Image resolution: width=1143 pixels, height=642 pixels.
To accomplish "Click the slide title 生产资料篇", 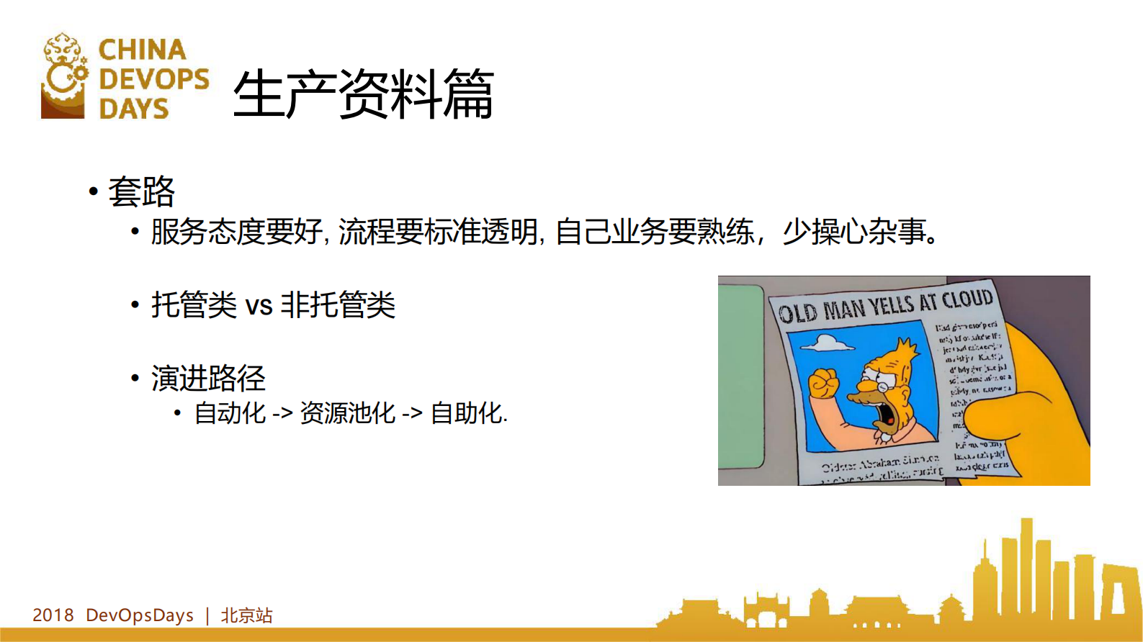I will coord(363,94).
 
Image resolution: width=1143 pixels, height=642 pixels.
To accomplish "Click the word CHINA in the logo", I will coord(142,50).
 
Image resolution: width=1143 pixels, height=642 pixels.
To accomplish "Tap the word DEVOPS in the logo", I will coord(153,79).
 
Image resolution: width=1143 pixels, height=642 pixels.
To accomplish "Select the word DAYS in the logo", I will coord(133,109).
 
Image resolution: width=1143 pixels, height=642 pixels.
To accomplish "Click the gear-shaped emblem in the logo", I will coord(64,75).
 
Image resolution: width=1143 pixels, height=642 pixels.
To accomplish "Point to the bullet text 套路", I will coord(142,191).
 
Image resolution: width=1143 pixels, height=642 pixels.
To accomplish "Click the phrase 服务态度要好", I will coord(236,232).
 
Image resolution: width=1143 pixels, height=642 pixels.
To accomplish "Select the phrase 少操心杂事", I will coord(853,232).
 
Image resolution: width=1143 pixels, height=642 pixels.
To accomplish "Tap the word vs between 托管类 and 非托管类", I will coord(259,305).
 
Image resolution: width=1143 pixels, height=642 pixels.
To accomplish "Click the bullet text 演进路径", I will coord(208,378).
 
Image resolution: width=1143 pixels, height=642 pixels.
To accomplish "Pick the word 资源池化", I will coord(347,413).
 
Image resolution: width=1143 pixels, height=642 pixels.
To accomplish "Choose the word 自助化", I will coord(466,413).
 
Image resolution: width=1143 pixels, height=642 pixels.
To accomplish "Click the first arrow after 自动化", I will coord(282,414).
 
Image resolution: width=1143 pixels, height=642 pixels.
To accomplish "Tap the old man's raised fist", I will coord(824,382).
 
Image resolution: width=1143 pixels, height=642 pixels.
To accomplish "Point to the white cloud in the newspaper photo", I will coord(828,344).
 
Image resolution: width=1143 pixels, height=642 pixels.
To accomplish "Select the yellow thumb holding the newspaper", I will coord(994,417).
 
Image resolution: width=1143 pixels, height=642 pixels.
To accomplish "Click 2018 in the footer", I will coord(53,615).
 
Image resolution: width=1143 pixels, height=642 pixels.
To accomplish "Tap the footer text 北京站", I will coord(246,615).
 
